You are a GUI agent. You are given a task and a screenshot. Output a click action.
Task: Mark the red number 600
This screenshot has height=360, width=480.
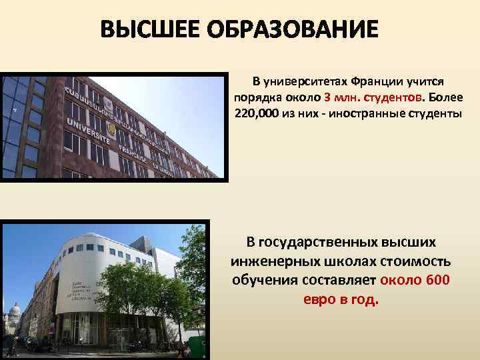tap(436, 278)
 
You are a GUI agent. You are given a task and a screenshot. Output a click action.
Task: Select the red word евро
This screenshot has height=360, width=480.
tap(320, 297)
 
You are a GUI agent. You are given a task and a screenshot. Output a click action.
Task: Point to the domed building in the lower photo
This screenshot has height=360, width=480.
tap(13, 313)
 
